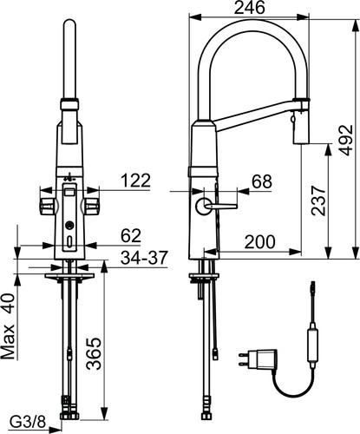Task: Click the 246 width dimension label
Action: click(x=249, y=8)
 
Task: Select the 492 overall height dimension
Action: click(x=345, y=140)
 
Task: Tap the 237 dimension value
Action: click(x=318, y=201)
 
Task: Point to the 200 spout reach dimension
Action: click(x=260, y=242)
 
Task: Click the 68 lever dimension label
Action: click(x=262, y=181)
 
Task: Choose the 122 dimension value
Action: click(x=136, y=181)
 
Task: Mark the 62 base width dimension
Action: click(x=131, y=236)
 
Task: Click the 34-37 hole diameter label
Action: click(x=144, y=258)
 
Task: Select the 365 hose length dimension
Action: click(x=95, y=353)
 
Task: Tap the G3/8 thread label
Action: click(x=28, y=423)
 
